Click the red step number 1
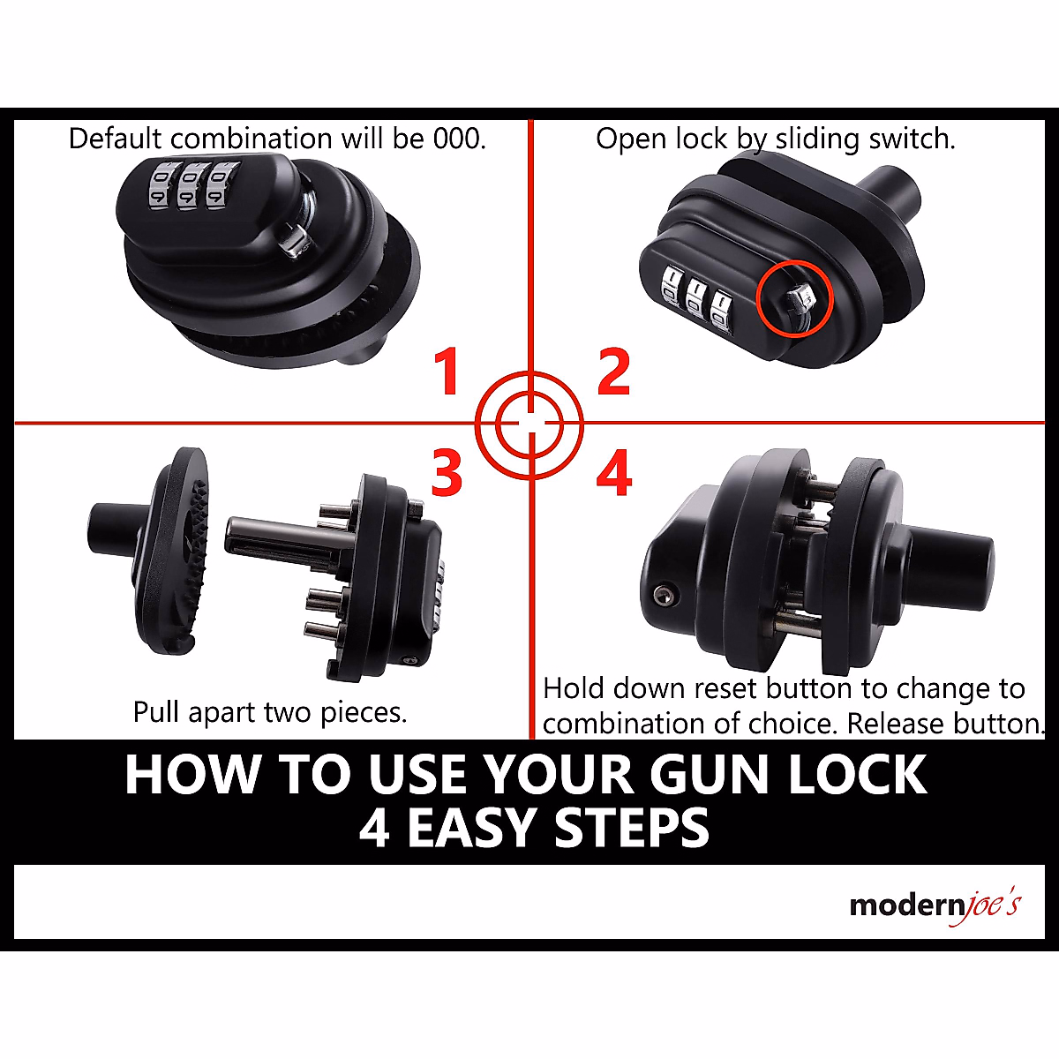448,372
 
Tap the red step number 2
613,372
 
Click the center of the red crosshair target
529,424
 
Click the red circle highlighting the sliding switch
795,300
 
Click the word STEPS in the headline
632,828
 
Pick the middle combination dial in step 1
187,184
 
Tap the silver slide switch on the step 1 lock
293,240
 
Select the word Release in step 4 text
892,724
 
